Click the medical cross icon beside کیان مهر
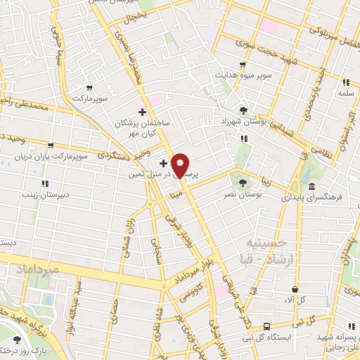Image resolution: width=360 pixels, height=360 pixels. coord(142,111)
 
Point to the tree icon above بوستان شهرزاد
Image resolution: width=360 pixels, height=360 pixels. coord(243,110)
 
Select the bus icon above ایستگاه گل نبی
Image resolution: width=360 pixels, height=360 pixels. coord(266,326)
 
